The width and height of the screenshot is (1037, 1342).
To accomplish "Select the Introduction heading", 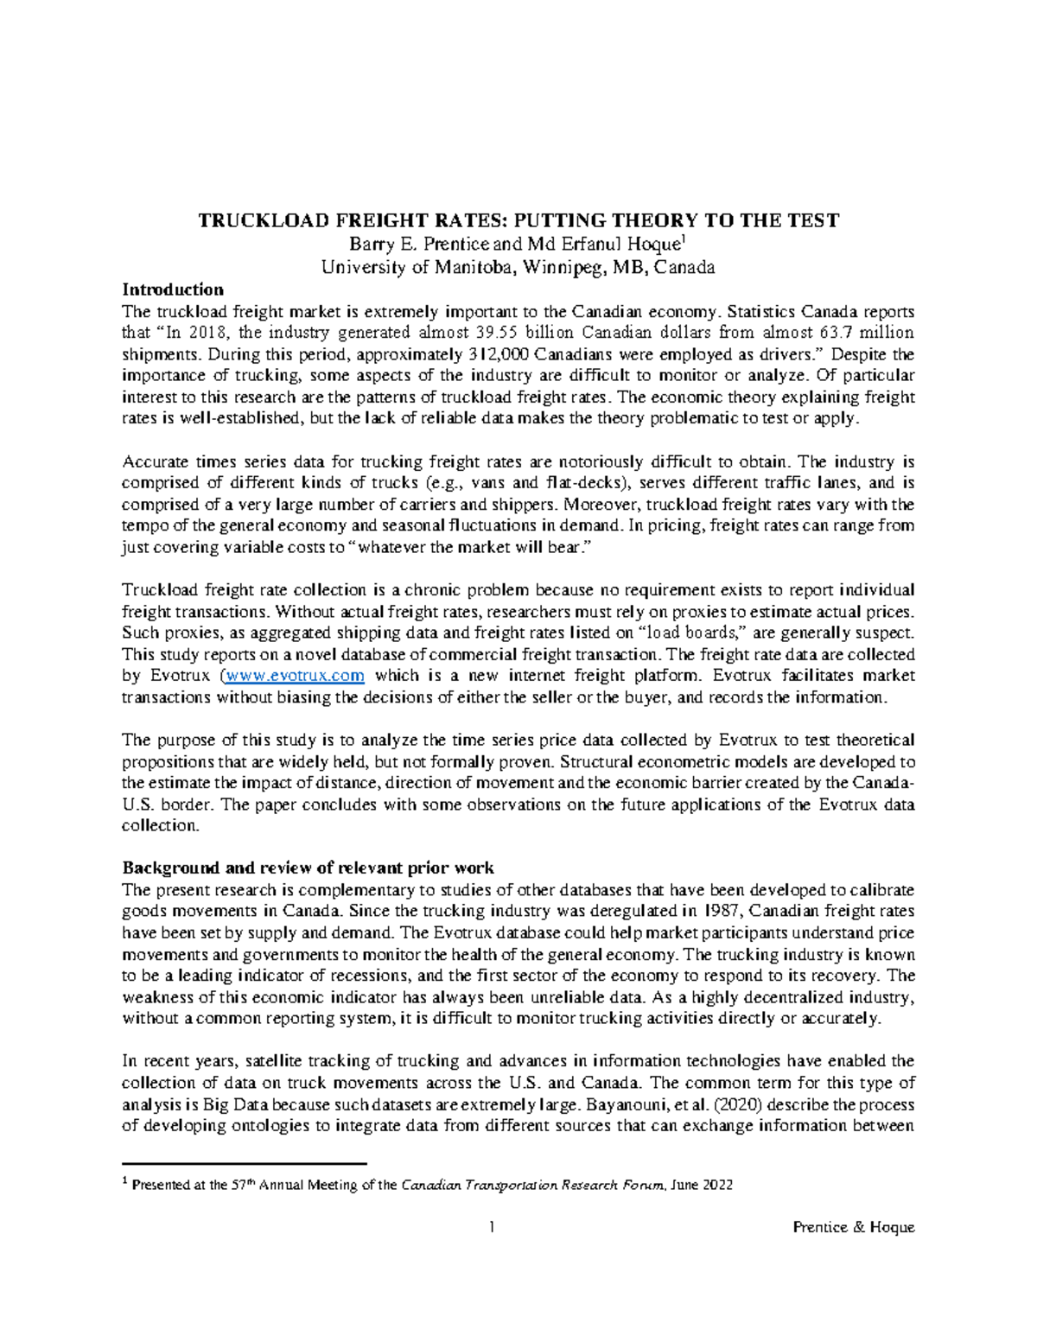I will pyautogui.click(x=173, y=289).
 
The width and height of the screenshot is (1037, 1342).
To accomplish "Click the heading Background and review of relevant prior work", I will pyautogui.click(x=309, y=868).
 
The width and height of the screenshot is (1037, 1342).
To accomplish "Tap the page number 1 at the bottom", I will pyautogui.click(x=491, y=1228).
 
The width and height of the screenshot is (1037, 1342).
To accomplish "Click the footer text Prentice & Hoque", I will pyautogui.click(x=853, y=1228).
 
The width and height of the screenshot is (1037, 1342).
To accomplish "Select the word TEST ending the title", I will pyautogui.click(x=813, y=221).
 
